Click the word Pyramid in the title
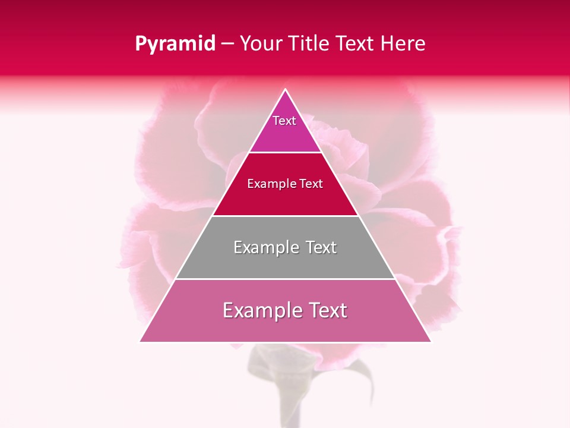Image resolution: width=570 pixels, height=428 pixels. (x=175, y=44)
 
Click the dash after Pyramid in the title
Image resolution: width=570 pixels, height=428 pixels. (x=227, y=44)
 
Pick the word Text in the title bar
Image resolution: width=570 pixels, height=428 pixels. (x=356, y=44)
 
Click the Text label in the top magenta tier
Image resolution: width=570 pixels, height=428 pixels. (x=284, y=121)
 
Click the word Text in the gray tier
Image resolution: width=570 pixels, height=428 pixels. (x=321, y=247)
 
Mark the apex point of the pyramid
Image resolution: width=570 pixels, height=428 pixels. (x=286, y=90)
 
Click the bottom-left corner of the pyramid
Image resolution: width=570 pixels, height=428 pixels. (x=140, y=341)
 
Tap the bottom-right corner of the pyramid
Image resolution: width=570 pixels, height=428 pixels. (x=430, y=341)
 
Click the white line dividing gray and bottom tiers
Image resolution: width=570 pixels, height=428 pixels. (x=285, y=279)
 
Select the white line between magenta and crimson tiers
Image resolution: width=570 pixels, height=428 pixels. (x=285, y=152)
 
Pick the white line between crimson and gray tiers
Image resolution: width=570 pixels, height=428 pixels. (x=285, y=216)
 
